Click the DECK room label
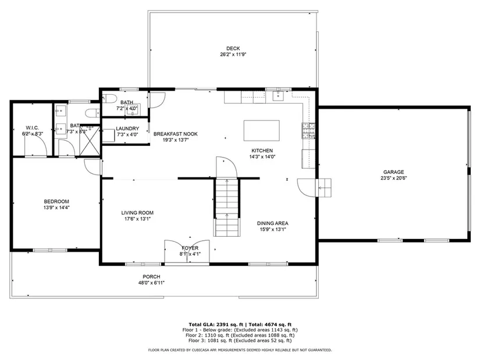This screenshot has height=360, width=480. coord(233,48)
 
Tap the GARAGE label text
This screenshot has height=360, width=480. coord(393,172)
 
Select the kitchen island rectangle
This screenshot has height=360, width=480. coord(261,130)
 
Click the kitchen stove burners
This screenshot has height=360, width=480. coord(308,131)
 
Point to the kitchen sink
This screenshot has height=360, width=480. coord(278,96)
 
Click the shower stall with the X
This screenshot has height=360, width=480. coord(90,141)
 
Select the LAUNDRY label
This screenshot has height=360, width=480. coord(127,129)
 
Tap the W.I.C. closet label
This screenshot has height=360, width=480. coord(32,127)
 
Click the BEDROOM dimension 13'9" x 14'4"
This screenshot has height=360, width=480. coord(56,208)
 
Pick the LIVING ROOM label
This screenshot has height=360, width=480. coord(137,213)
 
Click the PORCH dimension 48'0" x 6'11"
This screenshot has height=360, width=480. coord(151,283)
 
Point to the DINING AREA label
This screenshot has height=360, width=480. coord(272,223)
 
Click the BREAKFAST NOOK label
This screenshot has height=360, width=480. coord(175,134)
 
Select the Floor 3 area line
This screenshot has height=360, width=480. coord(240,340)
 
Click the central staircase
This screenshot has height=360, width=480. coord(226,208)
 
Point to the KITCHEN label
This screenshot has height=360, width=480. coord(262,151)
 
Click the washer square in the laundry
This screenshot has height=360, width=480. coord(108,136)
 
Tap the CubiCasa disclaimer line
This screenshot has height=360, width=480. coord(240,350)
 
